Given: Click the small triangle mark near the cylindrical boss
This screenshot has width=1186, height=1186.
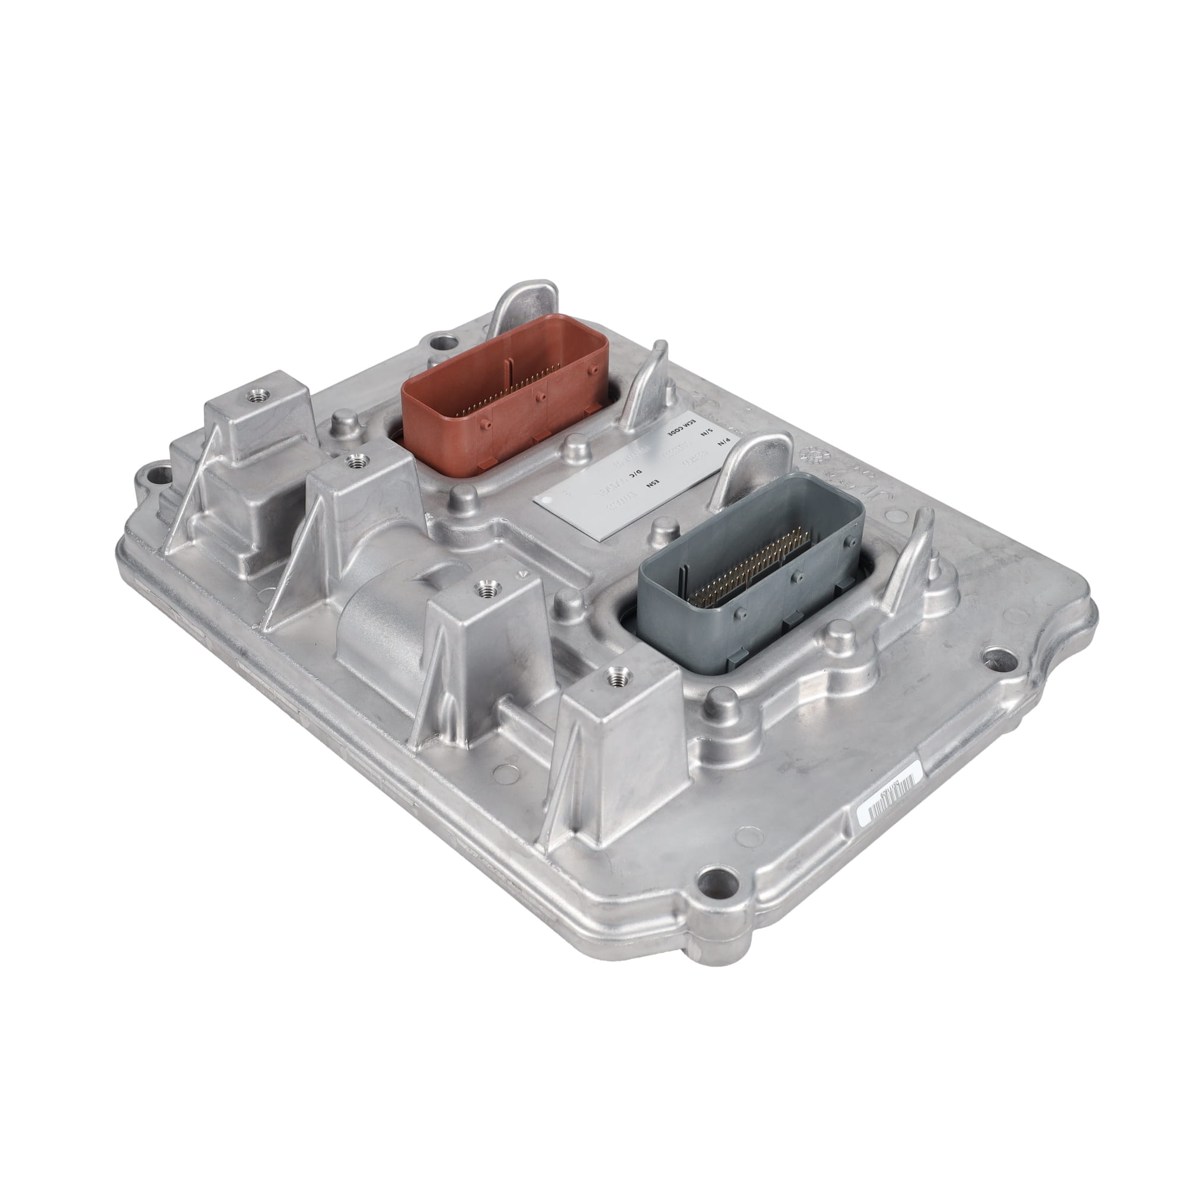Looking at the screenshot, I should click(522, 574).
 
